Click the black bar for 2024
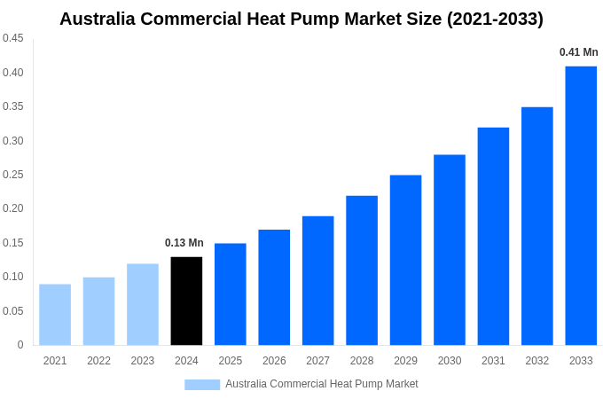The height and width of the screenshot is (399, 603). (186, 301)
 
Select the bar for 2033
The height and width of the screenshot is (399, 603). (581, 206)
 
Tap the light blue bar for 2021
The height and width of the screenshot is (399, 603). (55, 314)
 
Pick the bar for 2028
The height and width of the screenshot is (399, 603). (362, 270)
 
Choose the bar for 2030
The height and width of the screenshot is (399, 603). (450, 250)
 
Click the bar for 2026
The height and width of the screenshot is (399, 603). (274, 287)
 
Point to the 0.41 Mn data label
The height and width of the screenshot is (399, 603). (578, 52)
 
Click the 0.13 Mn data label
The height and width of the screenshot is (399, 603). (184, 243)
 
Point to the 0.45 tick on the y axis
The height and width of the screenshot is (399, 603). (13, 38)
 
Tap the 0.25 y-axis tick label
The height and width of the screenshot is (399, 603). (13, 175)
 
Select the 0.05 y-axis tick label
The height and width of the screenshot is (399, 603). (13, 311)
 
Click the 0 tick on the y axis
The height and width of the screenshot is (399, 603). (20, 345)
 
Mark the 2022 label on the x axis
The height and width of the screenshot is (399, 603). (98, 361)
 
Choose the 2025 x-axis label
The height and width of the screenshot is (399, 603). (231, 361)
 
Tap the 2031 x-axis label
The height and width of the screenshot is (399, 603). (493, 361)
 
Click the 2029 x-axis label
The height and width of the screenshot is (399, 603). (405, 361)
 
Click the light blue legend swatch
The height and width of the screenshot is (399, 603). (202, 385)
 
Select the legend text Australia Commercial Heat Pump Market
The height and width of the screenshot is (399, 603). (321, 384)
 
